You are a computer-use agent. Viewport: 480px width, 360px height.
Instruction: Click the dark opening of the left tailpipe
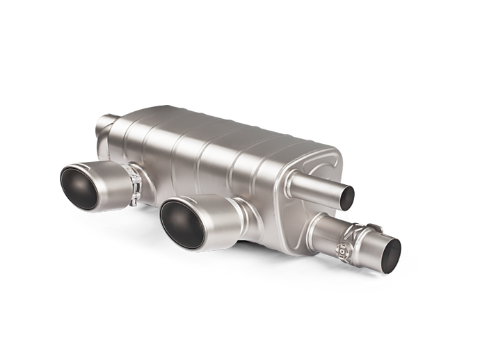point(82,187)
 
